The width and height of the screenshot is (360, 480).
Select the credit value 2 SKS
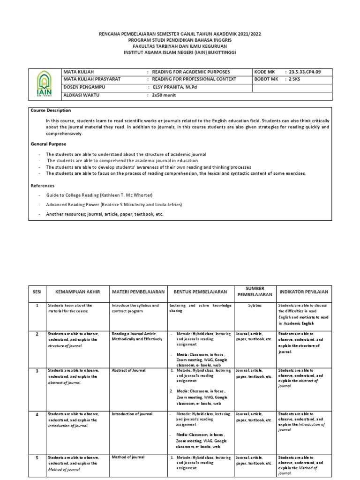(296, 79)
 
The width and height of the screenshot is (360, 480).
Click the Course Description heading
(51, 111)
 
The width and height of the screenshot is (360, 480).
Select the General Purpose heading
(48, 144)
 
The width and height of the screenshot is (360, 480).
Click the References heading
(43, 186)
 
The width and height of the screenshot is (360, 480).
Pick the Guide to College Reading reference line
(99, 195)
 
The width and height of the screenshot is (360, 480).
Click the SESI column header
(37, 292)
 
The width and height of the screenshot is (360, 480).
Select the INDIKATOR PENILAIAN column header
(303, 292)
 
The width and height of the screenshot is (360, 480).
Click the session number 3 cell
(37, 370)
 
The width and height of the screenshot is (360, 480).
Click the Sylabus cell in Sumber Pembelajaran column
(254, 305)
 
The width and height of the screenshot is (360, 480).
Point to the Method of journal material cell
(128, 457)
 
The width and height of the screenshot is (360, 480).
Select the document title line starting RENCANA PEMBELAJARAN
(180, 35)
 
